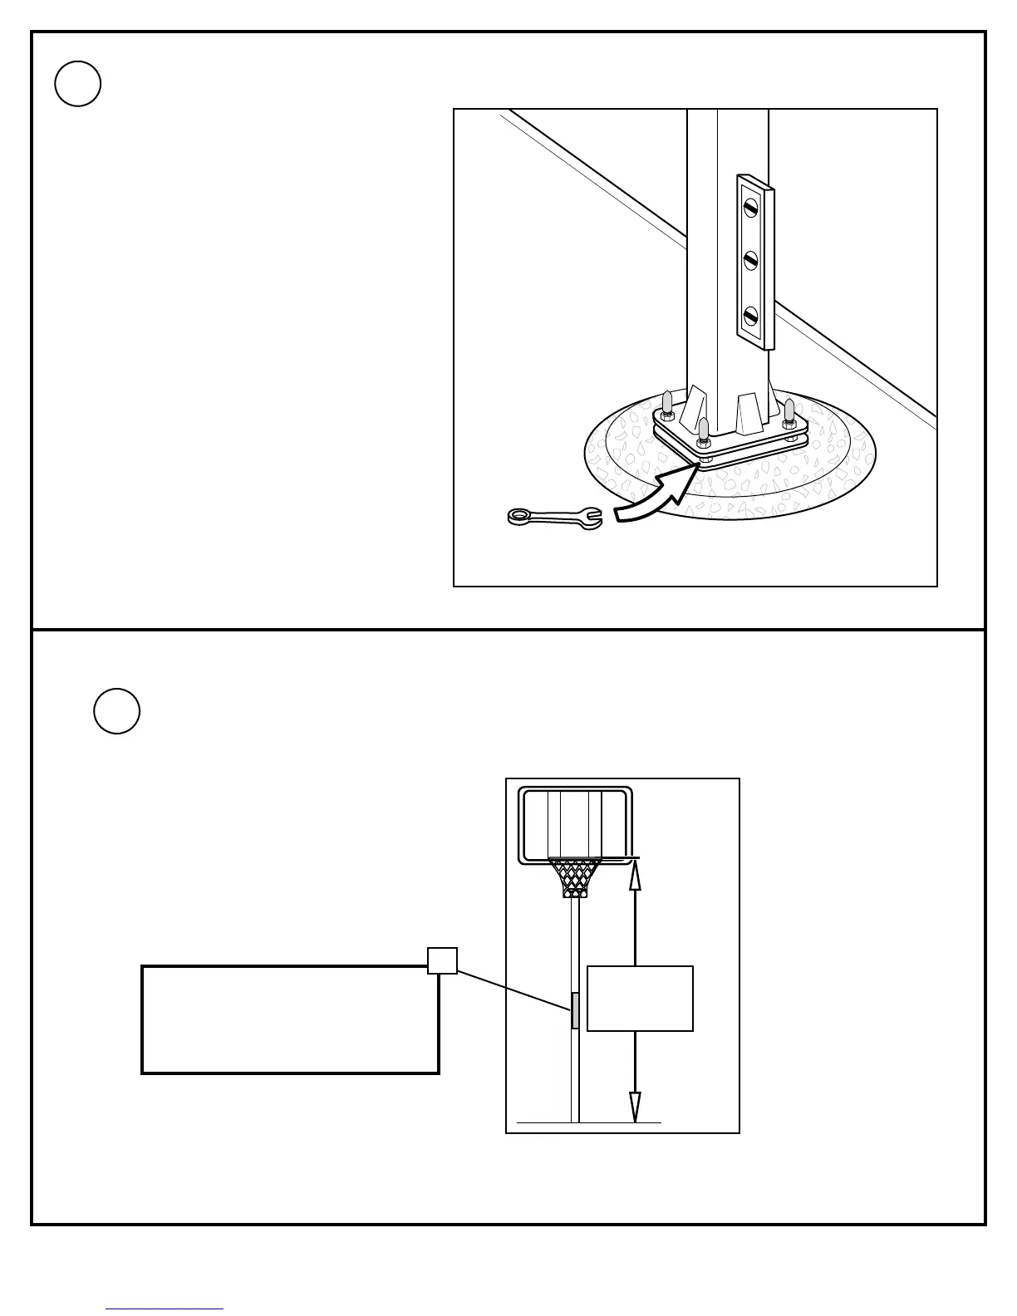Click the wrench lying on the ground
tap(553, 518)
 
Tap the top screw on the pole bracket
tap(751, 207)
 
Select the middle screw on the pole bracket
tap(751, 261)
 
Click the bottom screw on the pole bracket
tap(751, 317)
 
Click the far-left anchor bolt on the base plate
tap(667, 405)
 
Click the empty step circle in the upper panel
tap(78, 84)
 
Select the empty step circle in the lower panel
tap(116, 711)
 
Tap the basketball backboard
tap(575, 824)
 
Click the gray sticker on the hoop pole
tap(575, 1010)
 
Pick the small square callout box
tap(442, 961)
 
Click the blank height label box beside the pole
tap(640, 999)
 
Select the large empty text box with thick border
tap(290, 1019)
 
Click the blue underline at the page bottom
tap(165, 1309)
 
